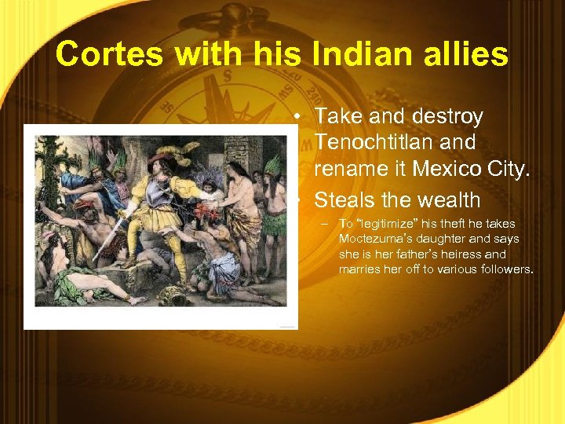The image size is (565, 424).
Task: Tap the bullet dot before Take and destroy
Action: pos(299,117)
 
